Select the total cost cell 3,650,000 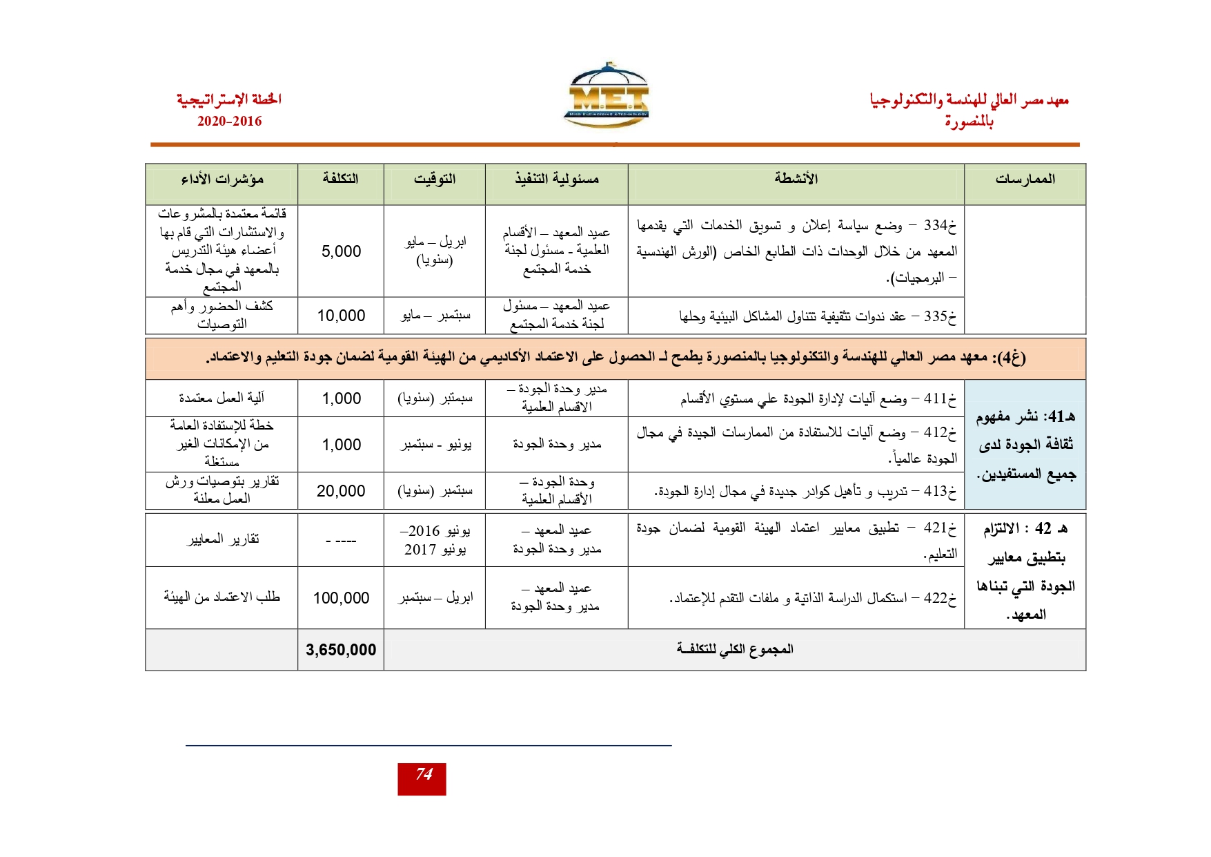[x=341, y=650]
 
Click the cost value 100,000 [x=341, y=598]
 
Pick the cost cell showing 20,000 [x=341, y=491]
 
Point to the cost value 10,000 [x=341, y=316]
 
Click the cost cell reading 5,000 [x=341, y=251]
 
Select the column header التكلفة [x=341, y=179]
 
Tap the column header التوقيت [x=435, y=180]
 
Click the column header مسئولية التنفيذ [x=557, y=180]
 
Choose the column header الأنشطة [x=796, y=179]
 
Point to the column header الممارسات [x=1025, y=180]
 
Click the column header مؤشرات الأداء [x=222, y=180]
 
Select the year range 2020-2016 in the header [x=230, y=122]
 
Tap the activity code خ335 [x=941, y=316]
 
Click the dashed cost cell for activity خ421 [x=341, y=541]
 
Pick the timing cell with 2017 [x=435, y=541]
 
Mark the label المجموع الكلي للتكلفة [x=736, y=649]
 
